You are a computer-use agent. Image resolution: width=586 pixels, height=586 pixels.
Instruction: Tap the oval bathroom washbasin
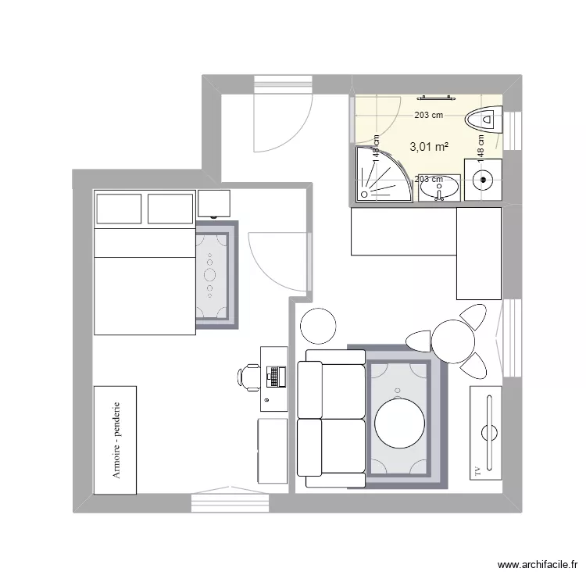(440, 188)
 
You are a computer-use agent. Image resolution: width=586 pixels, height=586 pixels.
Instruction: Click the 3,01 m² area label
(429, 146)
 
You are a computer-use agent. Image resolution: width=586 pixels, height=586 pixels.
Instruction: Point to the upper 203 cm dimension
(428, 115)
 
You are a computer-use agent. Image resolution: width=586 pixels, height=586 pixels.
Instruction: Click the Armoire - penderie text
(116, 440)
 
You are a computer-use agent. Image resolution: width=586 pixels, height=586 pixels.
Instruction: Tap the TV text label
(476, 470)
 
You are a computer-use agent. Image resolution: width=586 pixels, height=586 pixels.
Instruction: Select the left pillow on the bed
(118, 209)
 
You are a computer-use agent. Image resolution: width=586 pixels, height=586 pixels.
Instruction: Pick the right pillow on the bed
(170, 209)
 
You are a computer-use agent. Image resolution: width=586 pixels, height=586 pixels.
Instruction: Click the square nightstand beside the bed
(214, 203)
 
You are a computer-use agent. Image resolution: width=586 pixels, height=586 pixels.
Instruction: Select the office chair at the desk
(248, 377)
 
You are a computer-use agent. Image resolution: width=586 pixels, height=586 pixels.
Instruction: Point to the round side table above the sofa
(318, 325)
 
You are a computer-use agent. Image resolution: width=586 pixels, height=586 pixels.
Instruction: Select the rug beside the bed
(213, 273)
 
